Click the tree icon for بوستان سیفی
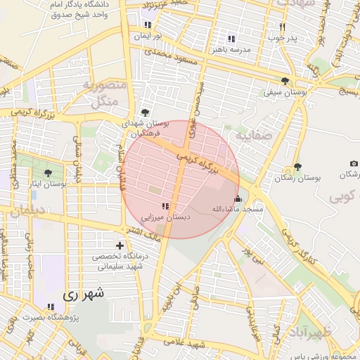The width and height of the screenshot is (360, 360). pos(285,81)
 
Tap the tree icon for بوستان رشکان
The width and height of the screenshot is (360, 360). pos(297,167)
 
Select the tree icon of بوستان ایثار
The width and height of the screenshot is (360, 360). pos(48,172)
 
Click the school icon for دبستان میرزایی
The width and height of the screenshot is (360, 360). pos(165,206)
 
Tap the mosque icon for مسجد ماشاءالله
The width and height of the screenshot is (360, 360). pos(238,198)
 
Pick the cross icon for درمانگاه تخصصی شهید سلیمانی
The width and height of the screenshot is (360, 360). pos(120,245)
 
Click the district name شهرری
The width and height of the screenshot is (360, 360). pos(82,295)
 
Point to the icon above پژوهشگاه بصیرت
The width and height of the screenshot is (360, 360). pos(50,307)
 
